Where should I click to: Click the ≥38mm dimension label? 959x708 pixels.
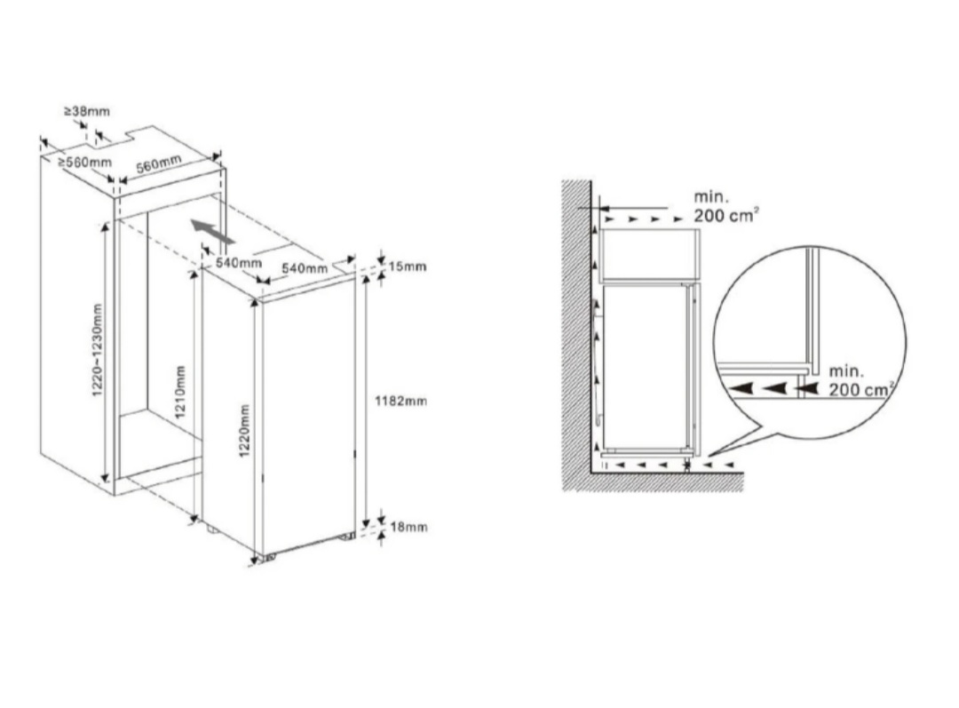coord(86,111)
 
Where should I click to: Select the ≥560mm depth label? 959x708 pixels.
coord(85,163)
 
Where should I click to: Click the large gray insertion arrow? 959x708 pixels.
coord(212,232)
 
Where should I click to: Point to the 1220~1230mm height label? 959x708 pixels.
coord(98,349)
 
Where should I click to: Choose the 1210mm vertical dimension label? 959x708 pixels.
coord(179,392)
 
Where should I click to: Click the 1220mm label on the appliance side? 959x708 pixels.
coord(245,430)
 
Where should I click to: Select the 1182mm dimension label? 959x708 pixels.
coord(400,401)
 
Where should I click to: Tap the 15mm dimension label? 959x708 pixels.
coord(408,266)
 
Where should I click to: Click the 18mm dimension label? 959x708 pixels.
coord(408,527)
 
